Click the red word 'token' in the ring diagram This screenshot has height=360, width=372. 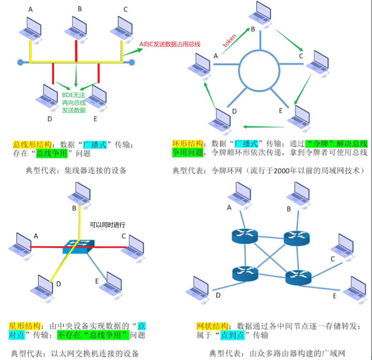click(230, 40)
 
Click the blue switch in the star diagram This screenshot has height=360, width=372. click(78, 247)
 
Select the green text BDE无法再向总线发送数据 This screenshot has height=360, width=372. click(74, 102)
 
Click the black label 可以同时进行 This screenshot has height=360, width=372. click(107, 225)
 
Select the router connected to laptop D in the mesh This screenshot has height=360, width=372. click(245, 273)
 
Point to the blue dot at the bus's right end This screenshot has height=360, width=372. click(132, 62)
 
